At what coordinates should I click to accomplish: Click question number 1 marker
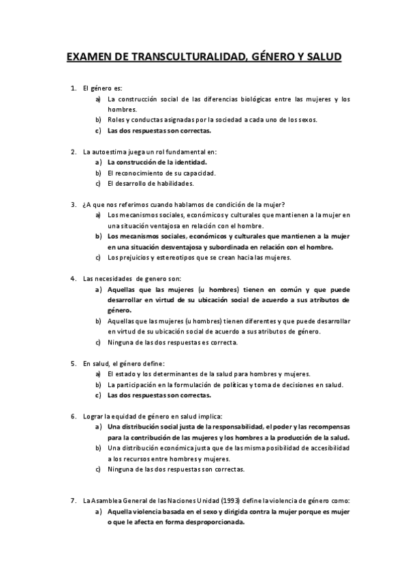pyautogui.click(x=73, y=88)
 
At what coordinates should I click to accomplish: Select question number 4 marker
pyautogui.click(x=73, y=278)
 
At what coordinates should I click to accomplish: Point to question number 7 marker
pyautogui.click(x=73, y=501)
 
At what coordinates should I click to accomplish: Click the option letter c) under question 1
pyautogui.click(x=98, y=130)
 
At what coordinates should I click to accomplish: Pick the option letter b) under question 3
pyautogui.click(x=98, y=236)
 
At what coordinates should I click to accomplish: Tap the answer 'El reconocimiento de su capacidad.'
pyautogui.click(x=160, y=173)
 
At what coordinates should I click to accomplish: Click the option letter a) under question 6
pyautogui.click(x=98, y=427)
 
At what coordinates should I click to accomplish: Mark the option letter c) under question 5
pyautogui.click(x=98, y=395)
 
